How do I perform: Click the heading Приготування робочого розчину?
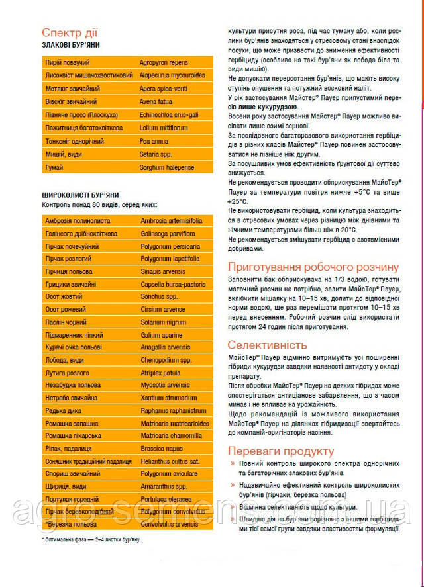(x=313, y=267)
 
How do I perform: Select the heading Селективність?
(x=267, y=345)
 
